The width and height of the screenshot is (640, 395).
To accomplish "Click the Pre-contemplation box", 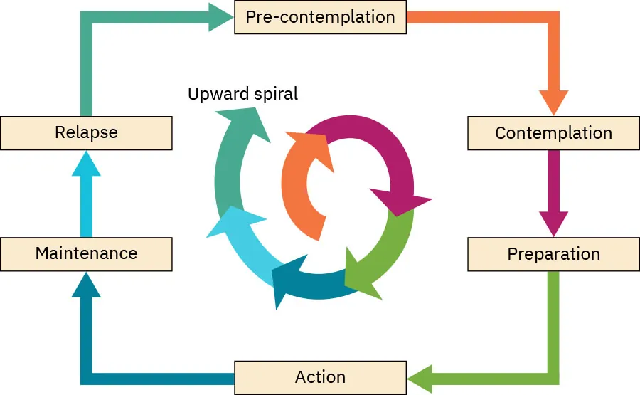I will point(320,17).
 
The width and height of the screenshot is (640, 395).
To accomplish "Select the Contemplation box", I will point(553,133).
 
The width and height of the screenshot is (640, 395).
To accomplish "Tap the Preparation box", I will point(553,254).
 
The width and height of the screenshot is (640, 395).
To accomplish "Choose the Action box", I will point(320,377).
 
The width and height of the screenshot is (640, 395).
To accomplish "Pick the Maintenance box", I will point(86,253).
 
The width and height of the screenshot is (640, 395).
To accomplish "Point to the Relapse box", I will point(86,132).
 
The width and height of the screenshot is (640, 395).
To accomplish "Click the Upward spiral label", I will point(242,94).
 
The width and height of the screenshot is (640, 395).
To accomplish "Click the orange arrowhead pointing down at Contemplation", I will point(553,102).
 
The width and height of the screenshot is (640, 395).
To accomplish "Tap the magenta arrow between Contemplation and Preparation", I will point(553,192).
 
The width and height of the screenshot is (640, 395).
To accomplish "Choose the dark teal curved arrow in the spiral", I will point(306,281).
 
